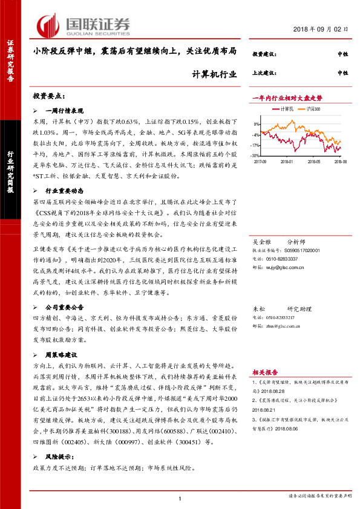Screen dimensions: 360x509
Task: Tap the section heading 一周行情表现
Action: (64, 112)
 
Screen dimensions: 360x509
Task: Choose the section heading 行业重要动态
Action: (67, 190)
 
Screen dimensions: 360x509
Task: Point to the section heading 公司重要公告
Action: (67, 307)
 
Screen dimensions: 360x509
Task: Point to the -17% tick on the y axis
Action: (257, 146)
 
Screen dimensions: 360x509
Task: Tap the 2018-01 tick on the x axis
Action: (287, 162)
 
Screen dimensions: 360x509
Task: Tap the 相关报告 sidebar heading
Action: (265, 372)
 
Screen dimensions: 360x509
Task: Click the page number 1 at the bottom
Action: (180, 498)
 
